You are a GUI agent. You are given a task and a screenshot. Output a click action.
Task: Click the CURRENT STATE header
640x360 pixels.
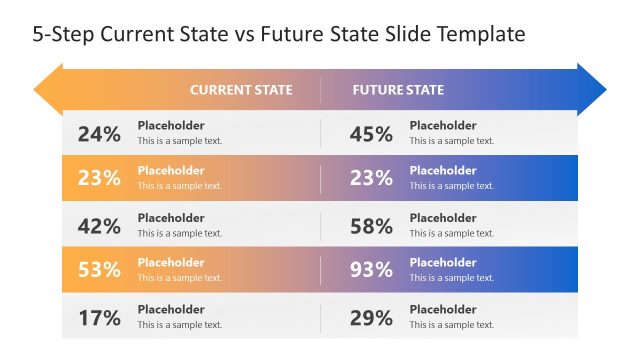[241, 90]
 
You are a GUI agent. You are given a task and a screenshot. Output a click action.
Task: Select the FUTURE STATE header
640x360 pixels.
[398, 90]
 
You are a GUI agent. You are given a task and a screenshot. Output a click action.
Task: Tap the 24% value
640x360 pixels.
[99, 134]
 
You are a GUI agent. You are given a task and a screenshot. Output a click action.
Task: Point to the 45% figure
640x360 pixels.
[371, 134]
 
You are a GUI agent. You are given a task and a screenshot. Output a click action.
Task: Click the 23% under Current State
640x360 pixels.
[99, 179]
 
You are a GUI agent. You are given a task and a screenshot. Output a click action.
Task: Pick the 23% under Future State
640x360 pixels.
[371, 179]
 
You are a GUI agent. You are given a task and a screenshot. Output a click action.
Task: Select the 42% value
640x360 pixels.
[99, 226]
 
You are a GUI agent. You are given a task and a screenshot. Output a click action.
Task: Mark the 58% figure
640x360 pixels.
[371, 226]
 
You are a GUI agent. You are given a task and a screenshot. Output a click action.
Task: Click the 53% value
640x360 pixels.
[99, 270]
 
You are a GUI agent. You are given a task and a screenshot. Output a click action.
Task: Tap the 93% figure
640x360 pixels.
[371, 270]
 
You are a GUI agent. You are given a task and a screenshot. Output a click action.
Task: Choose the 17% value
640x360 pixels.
[99, 318]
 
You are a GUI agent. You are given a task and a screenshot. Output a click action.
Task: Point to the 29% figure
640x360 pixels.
[371, 318]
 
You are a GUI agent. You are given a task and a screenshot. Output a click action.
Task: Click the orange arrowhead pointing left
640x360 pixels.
[46, 89]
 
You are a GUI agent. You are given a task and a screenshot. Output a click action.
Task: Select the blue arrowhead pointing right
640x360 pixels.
[593, 89]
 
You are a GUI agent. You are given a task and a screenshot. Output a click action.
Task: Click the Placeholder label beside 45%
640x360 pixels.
[443, 126]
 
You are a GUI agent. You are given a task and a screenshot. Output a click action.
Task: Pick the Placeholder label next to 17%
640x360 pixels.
[171, 310]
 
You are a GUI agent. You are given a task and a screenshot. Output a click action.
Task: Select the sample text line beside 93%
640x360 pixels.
[452, 278]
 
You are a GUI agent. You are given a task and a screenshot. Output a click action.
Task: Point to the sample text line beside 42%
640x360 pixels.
[180, 233]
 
